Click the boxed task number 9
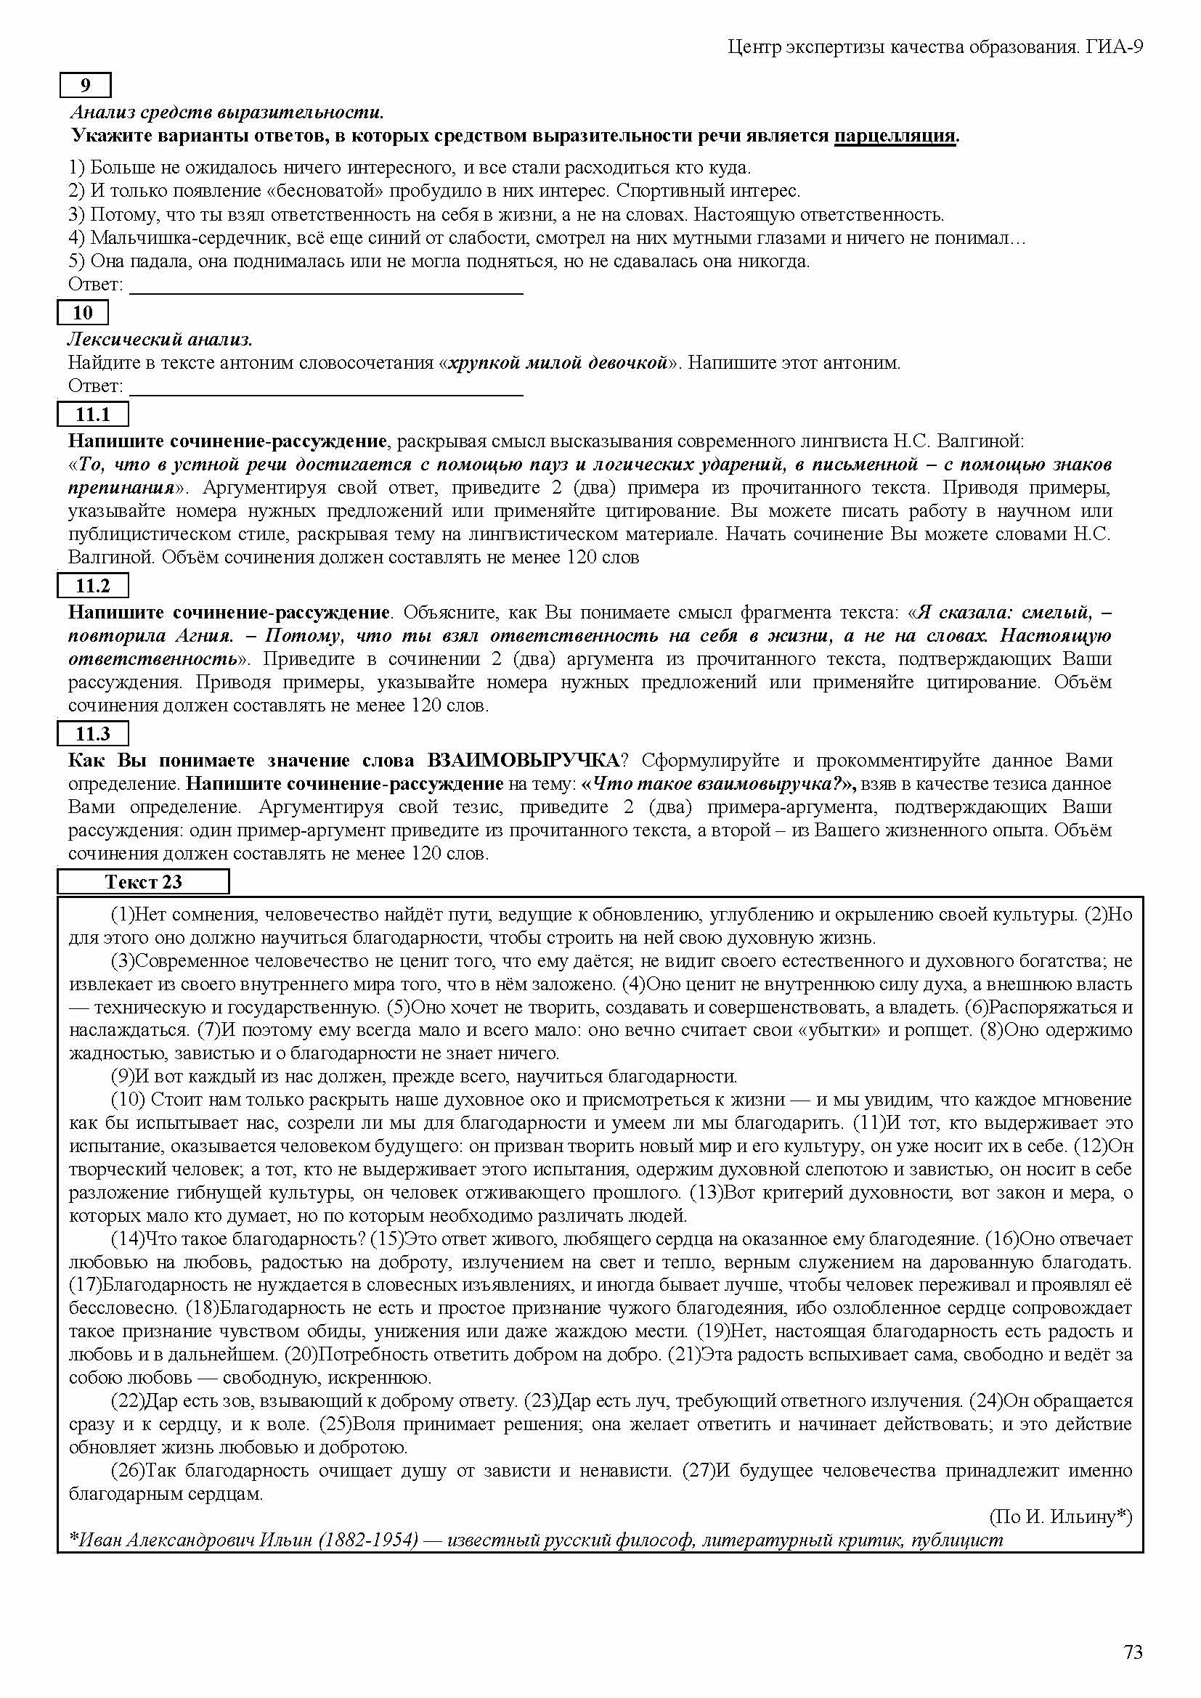click(85, 86)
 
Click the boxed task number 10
click(83, 313)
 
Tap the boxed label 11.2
click(93, 586)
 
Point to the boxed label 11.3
click(93, 734)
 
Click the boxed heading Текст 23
click(144, 881)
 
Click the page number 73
click(1133, 1652)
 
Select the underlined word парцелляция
click(895, 136)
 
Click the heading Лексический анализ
click(160, 340)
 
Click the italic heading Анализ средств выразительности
click(227, 113)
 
